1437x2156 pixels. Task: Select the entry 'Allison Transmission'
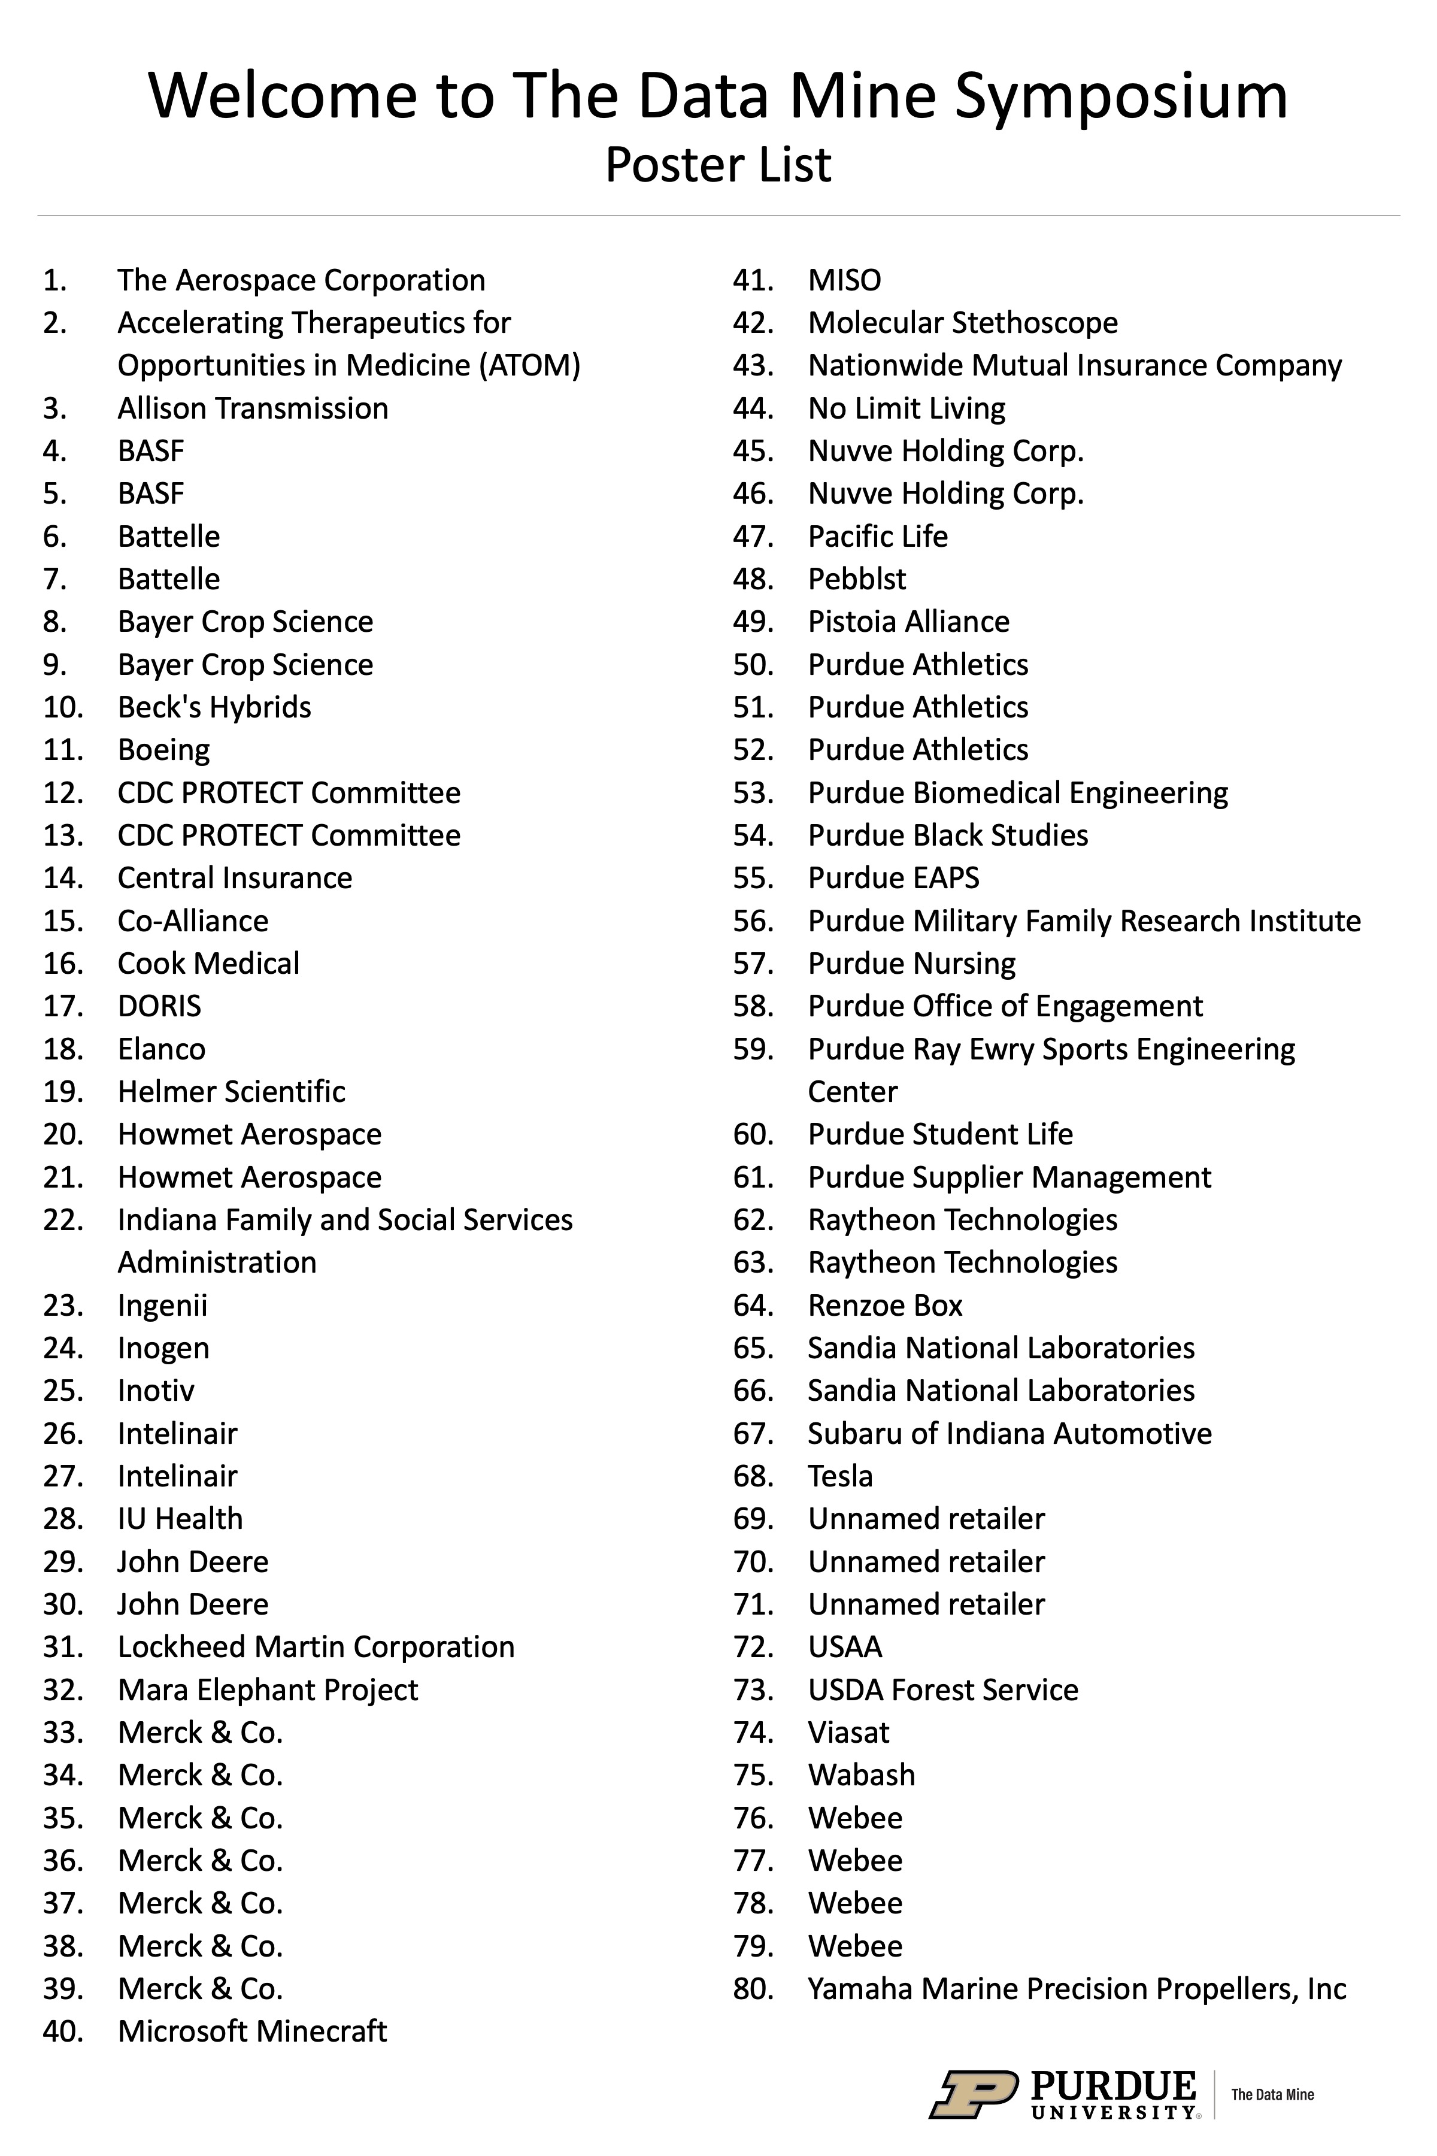(x=252, y=408)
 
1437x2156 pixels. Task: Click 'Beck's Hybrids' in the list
(x=214, y=707)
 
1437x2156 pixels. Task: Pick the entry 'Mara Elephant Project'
(x=268, y=1689)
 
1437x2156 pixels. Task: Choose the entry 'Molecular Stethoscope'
(x=962, y=323)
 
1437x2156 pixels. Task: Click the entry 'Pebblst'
(x=856, y=579)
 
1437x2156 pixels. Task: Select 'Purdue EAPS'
(x=893, y=878)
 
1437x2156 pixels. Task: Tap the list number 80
(x=753, y=1988)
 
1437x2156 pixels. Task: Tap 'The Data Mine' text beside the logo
(x=1272, y=2094)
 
